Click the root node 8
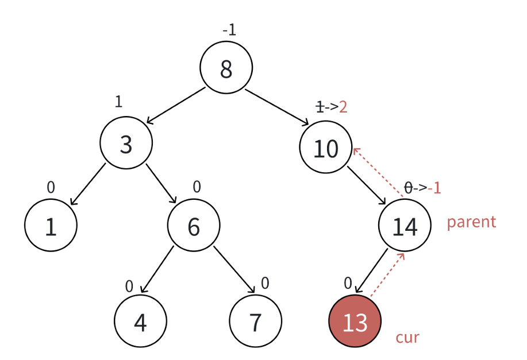click(x=226, y=67)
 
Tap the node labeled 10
click(x=326, y=148)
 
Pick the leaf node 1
click(x=51, y=225)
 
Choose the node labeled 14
click(x=405, y=226)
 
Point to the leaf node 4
click(x=140, y=321)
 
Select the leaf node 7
click(x=255, y=321)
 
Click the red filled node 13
click(x=355, y=321)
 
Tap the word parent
click(x=471, y=222)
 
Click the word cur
click(x=407, y=337)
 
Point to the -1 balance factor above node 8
click(x=229, y=30)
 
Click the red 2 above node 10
click(x=343, y=107)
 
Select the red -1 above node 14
click(x=434, y=188)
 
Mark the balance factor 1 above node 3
click(x=118, y=102)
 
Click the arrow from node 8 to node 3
click(x=176, y=105)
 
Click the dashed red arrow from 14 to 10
click(x=379, y=173)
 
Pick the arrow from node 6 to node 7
click(x=234, y=269)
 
